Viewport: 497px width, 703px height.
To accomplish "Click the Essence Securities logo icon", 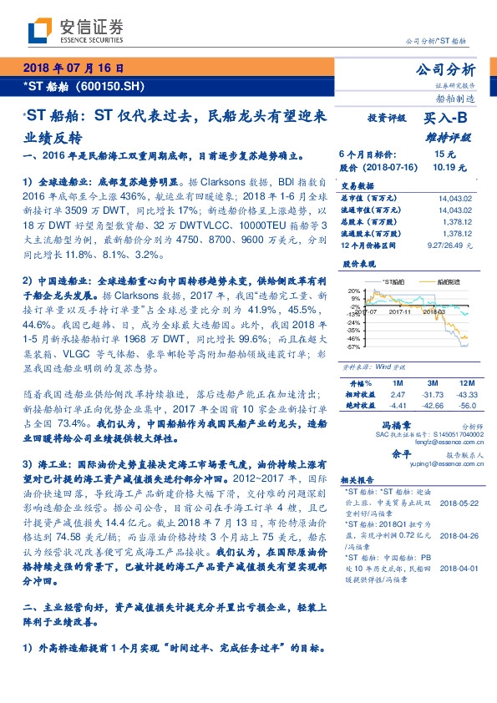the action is click(x=38, y=32).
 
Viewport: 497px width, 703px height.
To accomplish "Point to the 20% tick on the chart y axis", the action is click(x=354, y=291).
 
